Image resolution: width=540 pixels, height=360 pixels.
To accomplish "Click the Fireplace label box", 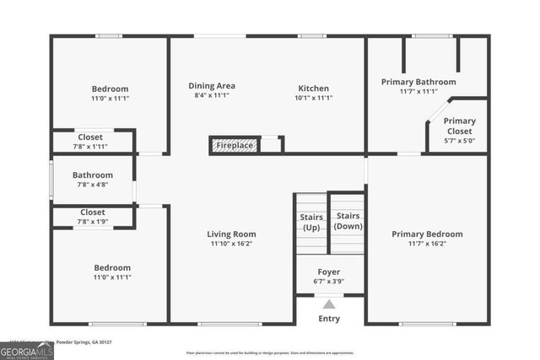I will tap(235, 145).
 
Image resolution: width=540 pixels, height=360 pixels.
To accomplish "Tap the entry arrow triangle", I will tap(329, 304).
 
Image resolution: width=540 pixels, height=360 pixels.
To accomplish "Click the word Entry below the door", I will tap(329, 319).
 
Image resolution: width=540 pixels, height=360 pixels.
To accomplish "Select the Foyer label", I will tap(329, 271).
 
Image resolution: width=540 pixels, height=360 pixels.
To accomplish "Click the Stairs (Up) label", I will tap(311, 223).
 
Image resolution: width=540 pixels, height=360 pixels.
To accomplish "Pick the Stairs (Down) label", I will tap(348, 221).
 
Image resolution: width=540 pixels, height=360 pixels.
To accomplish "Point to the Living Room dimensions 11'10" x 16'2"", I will tap(232, 244).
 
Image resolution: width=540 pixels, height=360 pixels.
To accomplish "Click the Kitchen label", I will tap(313, 88).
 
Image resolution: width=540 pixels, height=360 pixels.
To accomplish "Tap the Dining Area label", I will tap(211, 85).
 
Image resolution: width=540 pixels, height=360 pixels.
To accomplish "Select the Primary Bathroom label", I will tap(418, 82).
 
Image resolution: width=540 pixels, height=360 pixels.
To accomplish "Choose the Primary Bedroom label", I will tap(427, 234).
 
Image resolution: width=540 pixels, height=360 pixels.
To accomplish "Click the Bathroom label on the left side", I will tap(92, 175).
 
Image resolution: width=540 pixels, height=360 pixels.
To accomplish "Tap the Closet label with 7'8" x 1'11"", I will tap(91, 137).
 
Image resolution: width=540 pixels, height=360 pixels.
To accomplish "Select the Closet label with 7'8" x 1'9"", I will tap(92, 212).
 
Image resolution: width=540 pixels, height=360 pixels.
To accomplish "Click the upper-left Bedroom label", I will tap(110, 89).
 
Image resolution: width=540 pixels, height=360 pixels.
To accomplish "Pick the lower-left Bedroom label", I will tap(111, 267).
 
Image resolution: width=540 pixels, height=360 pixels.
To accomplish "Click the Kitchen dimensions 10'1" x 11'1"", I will tap(313, 97).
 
